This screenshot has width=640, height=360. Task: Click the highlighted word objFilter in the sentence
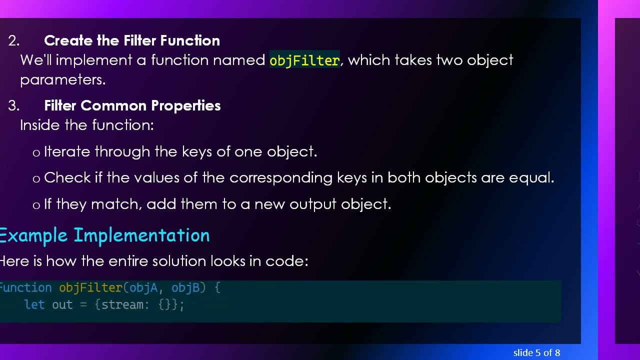[x=304, y=60]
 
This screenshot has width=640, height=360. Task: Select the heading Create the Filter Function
[x=132, y=40]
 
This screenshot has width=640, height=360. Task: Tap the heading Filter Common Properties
[x=132, y=105]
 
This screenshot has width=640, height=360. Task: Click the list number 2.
[x=13, y=41]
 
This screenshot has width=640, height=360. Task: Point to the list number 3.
[x=13, y=106]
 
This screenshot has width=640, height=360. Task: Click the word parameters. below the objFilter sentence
[x=63, y=80]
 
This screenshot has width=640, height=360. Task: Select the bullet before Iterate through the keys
[x=36, y=153]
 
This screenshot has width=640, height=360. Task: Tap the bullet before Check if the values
[x=36, y=179]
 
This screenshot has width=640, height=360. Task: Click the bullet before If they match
[x=36, y=205]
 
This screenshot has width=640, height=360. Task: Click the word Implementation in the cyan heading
[x=141, y=235]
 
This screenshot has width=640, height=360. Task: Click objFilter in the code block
[x=90, y=287]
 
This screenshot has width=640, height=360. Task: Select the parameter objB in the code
[x=185, y=287]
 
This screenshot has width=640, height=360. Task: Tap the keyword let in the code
[x=34, y=304]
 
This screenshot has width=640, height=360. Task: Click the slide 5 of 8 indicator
[x=536, y=352]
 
